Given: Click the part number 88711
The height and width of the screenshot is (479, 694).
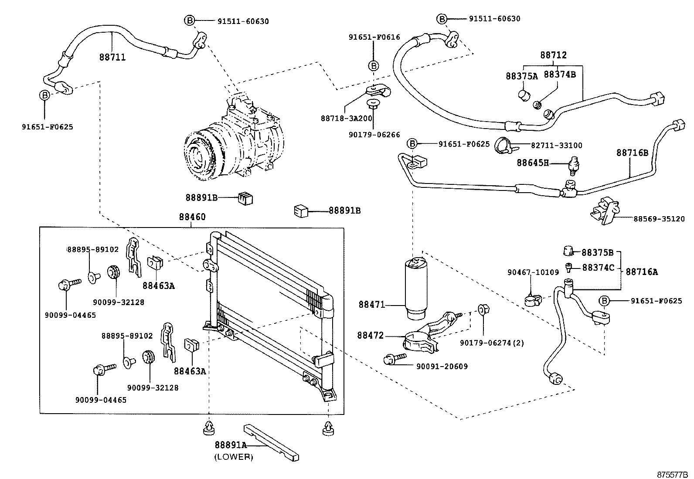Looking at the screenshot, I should pos(112,57).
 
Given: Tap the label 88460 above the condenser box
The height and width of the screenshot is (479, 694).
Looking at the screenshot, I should pos(192,217).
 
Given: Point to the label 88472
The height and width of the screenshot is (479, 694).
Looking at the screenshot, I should pos(371,335).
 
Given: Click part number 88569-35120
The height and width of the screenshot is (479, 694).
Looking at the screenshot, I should pos(659,219).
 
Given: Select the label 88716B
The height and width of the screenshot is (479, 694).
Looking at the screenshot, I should pos(632,153).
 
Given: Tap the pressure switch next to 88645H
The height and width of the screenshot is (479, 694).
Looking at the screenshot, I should pos(573,164).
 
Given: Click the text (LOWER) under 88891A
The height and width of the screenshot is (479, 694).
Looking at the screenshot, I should pos(233,457).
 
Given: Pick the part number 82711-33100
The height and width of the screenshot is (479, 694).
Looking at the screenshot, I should pos(556,146).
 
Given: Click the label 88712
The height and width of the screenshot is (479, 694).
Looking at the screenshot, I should pos(553,55).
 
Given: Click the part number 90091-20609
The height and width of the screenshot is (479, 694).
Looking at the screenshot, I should pos(441,367).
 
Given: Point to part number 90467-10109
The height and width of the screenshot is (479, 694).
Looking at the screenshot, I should pos(533,272).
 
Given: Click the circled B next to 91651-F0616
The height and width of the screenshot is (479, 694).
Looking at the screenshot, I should pos(374,65).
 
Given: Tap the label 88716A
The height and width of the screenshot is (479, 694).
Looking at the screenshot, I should pos(641,272).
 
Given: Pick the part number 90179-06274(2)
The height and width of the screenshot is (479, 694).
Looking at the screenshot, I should pos(492,343).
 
